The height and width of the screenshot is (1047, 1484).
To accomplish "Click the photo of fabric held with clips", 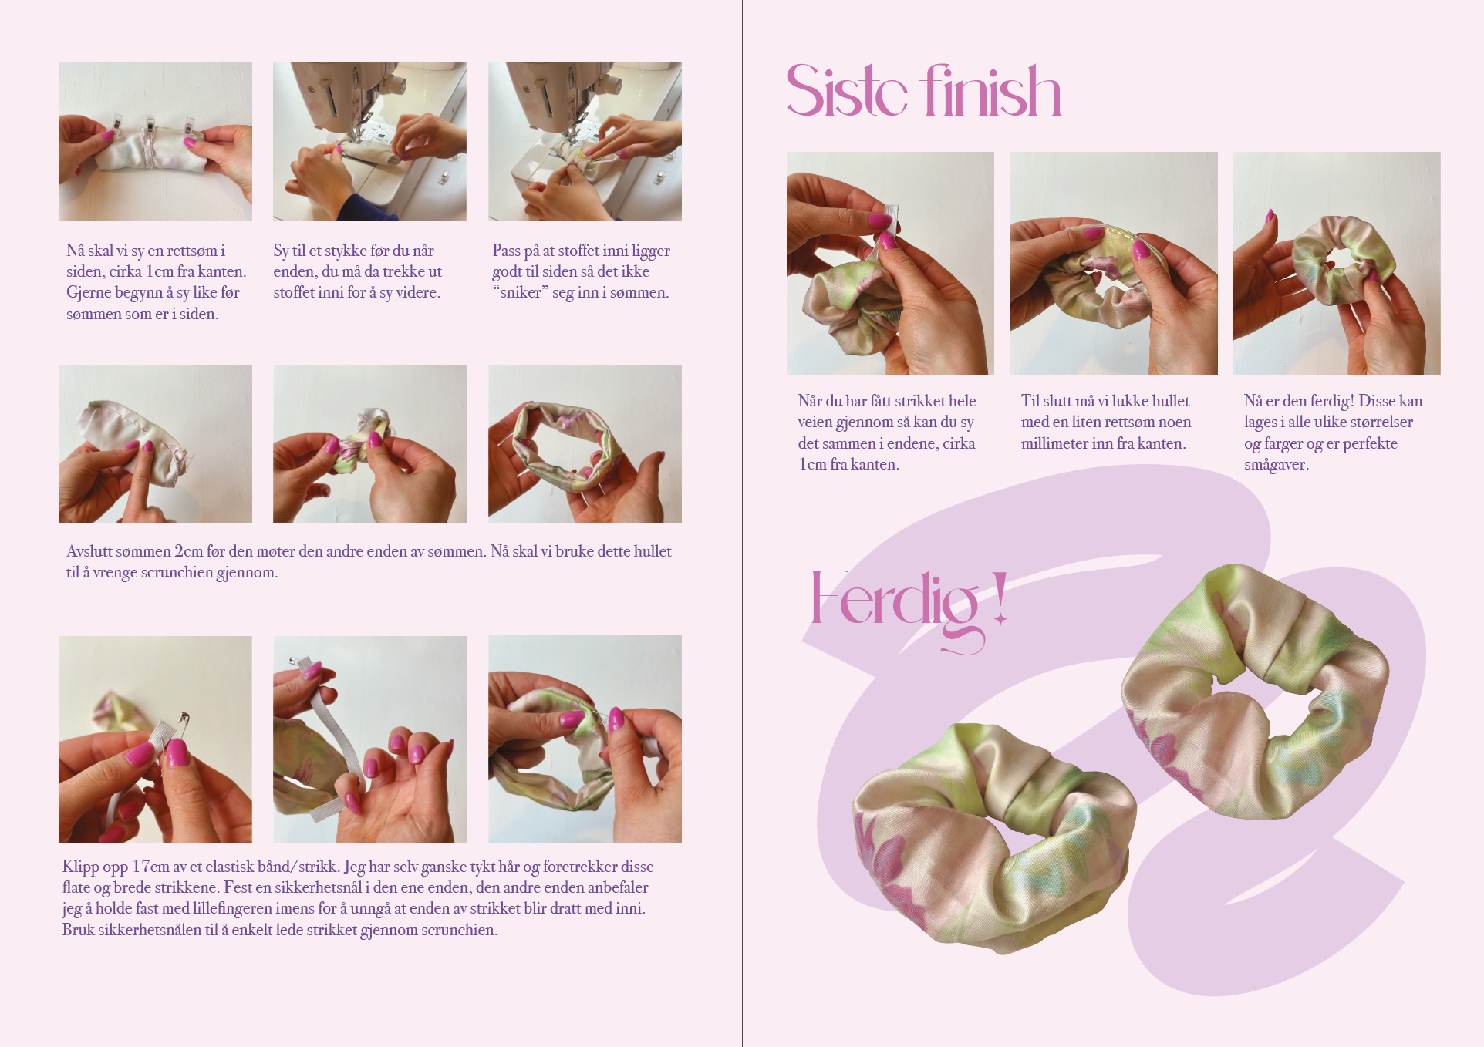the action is (155, 142).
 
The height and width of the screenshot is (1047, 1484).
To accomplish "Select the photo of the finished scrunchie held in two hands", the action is (1337, 263).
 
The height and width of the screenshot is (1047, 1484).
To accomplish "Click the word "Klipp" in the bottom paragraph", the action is (80, 867).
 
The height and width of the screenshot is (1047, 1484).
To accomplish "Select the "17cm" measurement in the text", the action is (150, 867).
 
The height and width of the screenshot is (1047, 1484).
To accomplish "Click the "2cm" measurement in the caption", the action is (189, 551).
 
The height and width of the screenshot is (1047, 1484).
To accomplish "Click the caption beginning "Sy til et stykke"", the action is (357, 271).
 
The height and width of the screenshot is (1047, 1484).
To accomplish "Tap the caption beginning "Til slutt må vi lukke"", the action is (1106, 422).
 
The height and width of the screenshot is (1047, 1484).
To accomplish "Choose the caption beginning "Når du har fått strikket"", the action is (887, 433).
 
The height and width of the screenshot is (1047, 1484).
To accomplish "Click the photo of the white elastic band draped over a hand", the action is (369, 739).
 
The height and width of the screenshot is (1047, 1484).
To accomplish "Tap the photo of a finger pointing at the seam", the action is (155, 443).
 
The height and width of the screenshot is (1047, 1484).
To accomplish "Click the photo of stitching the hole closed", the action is (1114, 263).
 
